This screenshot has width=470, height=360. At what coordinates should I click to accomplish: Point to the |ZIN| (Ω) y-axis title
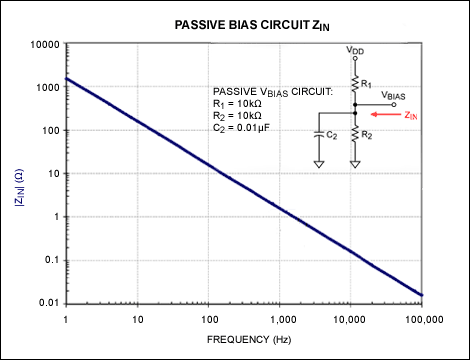point(16,173)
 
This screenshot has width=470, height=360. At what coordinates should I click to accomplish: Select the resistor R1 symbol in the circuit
point(355,78)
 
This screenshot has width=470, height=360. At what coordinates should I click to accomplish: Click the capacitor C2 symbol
point(318,131)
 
